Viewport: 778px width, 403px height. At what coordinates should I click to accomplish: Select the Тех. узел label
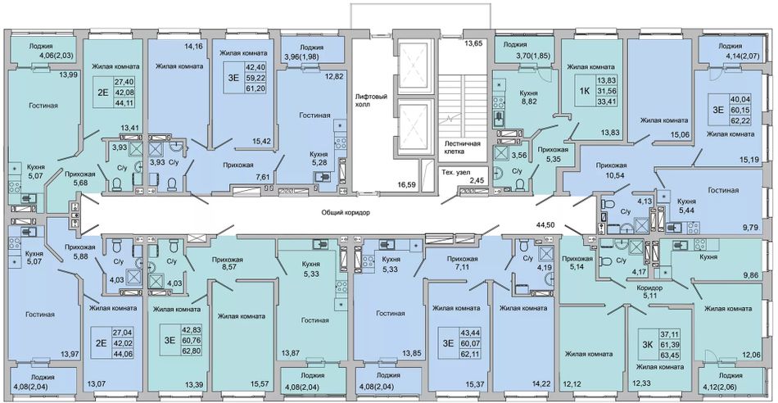coord(454,173)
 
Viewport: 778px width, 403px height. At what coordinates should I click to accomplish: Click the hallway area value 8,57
coord(227,269)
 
